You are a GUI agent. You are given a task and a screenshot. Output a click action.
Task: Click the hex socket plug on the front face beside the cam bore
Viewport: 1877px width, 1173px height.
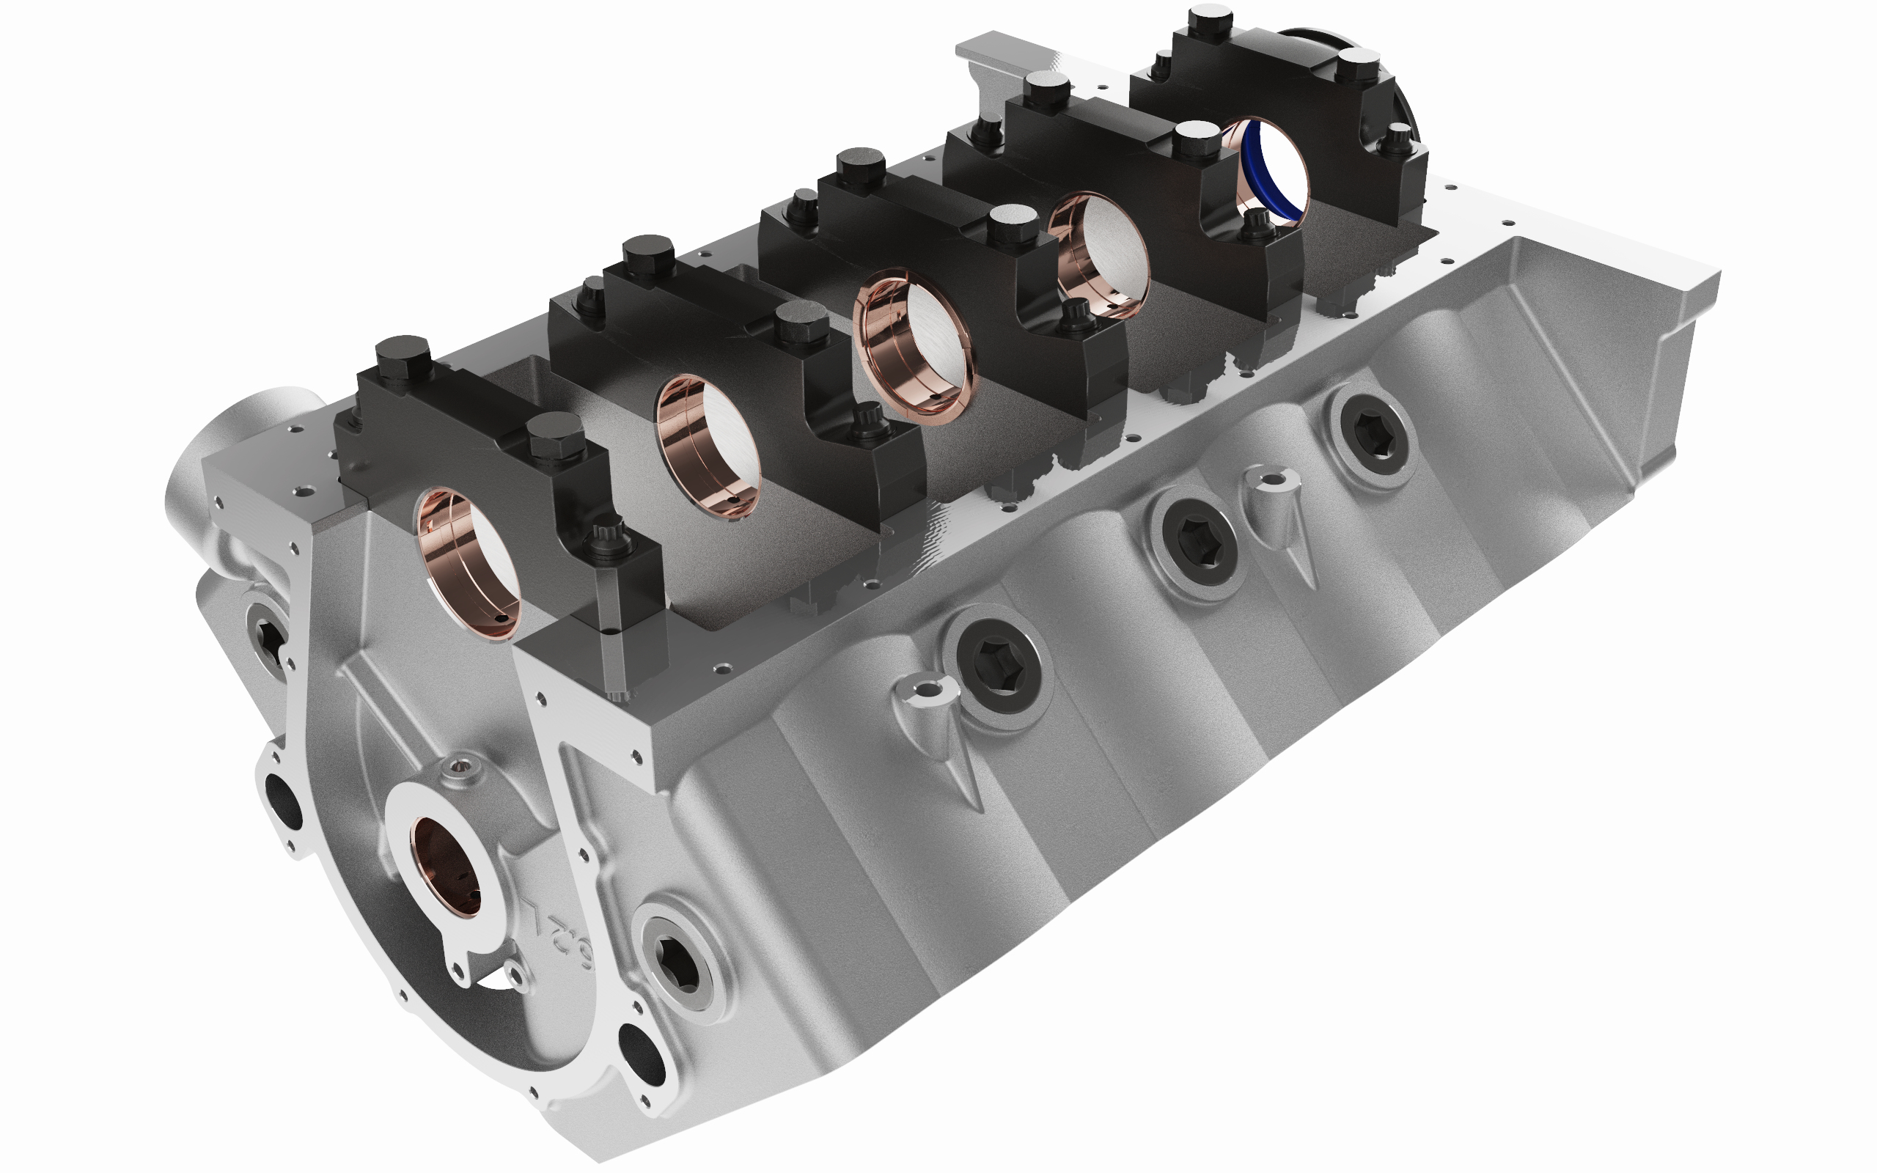pos(679,963)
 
